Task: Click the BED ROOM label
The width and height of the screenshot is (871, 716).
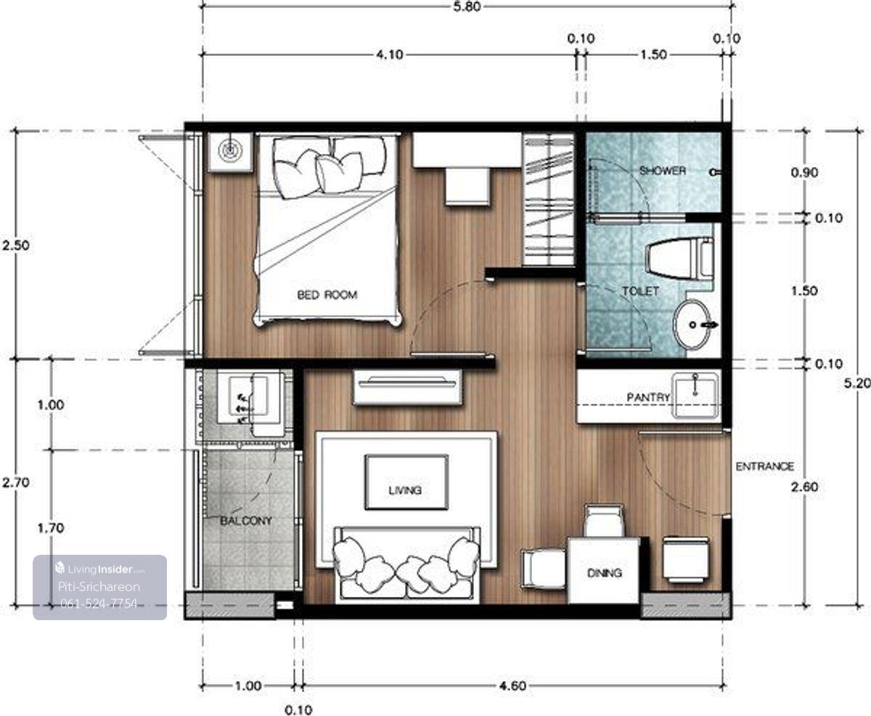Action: (327, 295)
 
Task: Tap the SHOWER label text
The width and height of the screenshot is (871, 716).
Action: (663, 171)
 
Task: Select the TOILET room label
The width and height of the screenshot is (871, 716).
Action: (641, 291)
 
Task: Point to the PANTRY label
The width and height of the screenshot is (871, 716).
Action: (648, 397)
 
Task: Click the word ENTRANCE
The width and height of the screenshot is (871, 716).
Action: (765, 466)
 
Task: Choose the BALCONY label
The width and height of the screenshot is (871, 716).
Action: (246, 521)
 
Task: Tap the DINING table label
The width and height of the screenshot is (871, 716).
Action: (604, 573)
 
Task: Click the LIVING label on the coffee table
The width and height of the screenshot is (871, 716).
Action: (405, 490)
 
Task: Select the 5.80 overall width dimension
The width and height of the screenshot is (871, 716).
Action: (467, 7)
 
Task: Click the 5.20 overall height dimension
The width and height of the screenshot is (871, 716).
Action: (857, 383)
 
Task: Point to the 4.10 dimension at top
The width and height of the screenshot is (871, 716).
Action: (390, 54)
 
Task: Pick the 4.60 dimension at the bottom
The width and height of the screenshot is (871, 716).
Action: (512, 686)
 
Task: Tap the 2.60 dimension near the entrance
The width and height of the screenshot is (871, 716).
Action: (804, 487)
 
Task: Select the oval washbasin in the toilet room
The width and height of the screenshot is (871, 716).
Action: (692, 325)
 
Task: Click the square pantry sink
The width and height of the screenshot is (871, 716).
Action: (695, 395)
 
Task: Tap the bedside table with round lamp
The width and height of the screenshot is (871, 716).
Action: (230, 152)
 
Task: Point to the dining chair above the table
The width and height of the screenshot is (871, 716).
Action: (604, 521)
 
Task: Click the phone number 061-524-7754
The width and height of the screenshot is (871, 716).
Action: (99, 603)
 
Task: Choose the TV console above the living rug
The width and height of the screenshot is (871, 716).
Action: (407, 388)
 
